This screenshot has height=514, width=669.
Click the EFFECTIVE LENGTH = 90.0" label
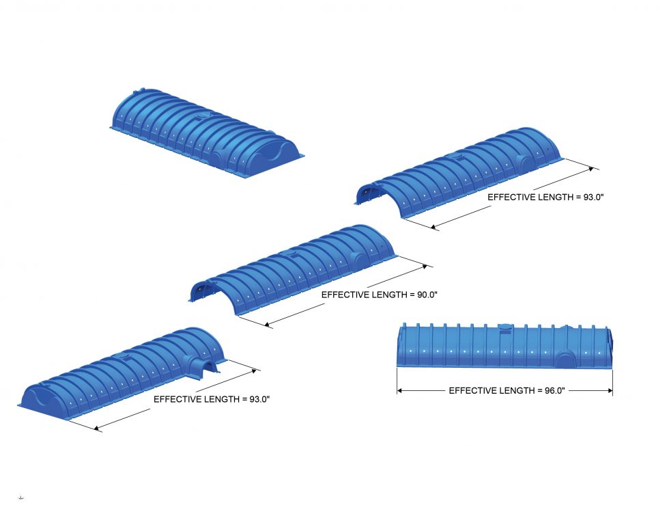pyautogui.click(x=379, y=295)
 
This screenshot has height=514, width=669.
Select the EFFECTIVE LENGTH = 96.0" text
pyautogui.click(x=507, y=390)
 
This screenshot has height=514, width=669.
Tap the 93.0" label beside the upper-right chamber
pyautogui.click(x=546, y=197)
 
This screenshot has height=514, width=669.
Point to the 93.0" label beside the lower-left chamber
pyautogui.click(x=212, y=399)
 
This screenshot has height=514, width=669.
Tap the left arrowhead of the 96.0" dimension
pyautogui.click(x=401, y=390)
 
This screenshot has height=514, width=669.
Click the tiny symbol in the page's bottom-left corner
pyautogui.click(x=20, y=497)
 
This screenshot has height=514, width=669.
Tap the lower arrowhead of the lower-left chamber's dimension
pyautogui.click(x=98, y=429)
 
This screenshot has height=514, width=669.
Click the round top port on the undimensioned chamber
pyautogui.click(x=200, y=118)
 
